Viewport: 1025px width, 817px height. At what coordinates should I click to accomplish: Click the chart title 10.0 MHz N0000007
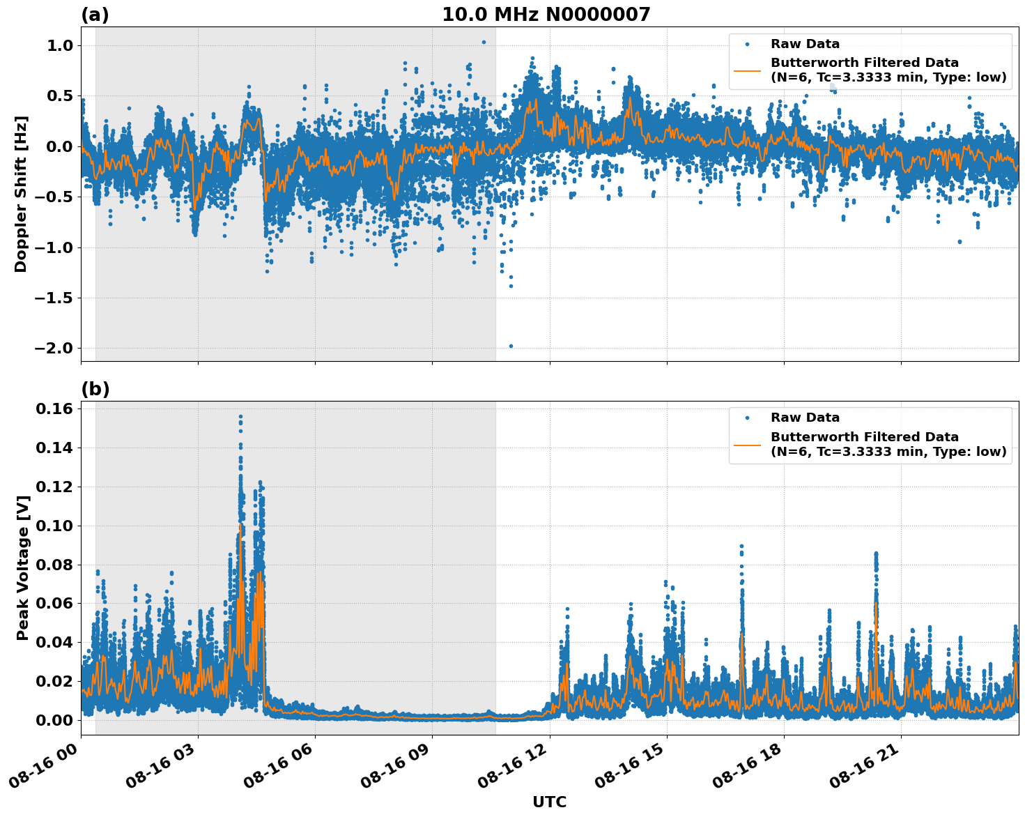[x=546, y=15]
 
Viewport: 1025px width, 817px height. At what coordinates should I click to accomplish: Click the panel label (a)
[x=95, y=15]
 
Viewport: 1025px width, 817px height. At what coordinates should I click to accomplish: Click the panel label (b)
[x=95, y=389]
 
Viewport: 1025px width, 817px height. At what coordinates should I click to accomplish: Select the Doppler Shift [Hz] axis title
[x=21, y=194]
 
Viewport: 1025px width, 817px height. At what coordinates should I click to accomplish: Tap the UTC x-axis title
[x=549, y=802]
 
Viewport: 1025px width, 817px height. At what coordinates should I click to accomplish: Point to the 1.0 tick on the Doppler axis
[x=60, y=45]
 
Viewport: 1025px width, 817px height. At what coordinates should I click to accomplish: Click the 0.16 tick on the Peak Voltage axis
[x=54, y=409]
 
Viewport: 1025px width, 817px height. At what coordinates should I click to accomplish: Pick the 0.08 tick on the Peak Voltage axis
[x=54, y=565]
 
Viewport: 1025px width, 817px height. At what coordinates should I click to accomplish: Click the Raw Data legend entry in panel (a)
[x=805, y=45]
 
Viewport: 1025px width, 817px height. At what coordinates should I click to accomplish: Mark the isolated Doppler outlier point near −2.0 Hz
[x=511, y=346]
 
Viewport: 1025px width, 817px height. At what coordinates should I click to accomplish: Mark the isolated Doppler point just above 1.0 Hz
[x=484, y=42]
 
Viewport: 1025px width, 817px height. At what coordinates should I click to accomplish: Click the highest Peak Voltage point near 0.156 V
[x=240, y=417]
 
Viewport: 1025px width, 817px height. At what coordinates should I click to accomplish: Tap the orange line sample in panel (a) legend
[x=747, y=70]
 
